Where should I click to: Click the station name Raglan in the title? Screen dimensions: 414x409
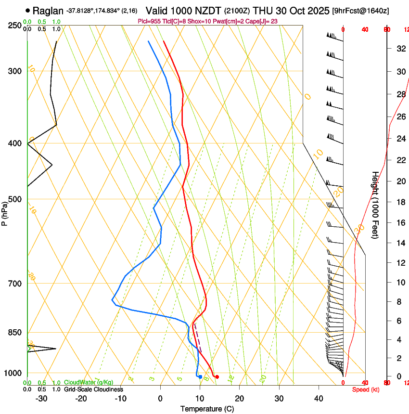[48, 11]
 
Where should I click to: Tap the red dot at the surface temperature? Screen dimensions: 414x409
[217, 377]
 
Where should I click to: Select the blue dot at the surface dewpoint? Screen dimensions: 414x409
[200, 376]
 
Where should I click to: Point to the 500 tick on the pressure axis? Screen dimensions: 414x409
[15, 199]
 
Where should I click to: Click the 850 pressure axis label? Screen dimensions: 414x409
[15, 333]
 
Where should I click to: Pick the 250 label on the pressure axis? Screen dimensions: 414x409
[15, 25]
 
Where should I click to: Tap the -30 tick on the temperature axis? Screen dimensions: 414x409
[41, 399]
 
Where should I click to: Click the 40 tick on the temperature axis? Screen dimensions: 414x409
[319, 399]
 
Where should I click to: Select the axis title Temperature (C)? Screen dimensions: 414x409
[207, 409]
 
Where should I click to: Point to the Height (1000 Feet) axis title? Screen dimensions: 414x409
[374, 205]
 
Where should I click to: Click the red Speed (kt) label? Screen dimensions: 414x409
[365, 389]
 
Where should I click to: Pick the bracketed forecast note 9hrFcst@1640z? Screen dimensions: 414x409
[361, 11]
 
